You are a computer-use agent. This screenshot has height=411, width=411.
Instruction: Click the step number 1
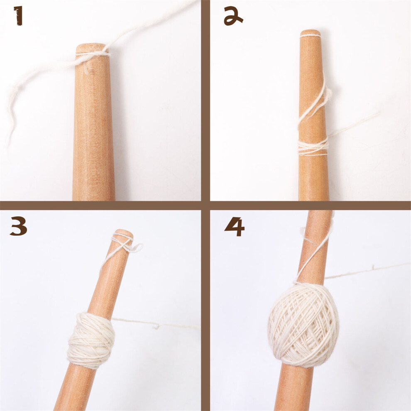[18, 16]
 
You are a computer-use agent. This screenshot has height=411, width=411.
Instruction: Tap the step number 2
[233, 16]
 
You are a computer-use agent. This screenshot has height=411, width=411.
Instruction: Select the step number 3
[19, 226]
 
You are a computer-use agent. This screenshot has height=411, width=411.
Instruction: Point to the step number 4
[234, 227]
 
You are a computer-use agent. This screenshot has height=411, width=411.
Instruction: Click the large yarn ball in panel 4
[303, 325]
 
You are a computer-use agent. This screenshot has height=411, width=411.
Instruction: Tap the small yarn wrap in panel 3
[91, 340]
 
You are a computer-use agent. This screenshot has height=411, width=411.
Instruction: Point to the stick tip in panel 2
[311, 33]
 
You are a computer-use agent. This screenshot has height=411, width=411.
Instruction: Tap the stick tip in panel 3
[123, 233]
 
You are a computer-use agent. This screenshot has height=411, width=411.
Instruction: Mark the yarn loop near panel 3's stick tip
[134, 247]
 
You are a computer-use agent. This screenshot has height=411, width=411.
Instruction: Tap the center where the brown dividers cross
[205, 205]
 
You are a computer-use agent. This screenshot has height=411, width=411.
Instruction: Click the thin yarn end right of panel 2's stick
[354, 125]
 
